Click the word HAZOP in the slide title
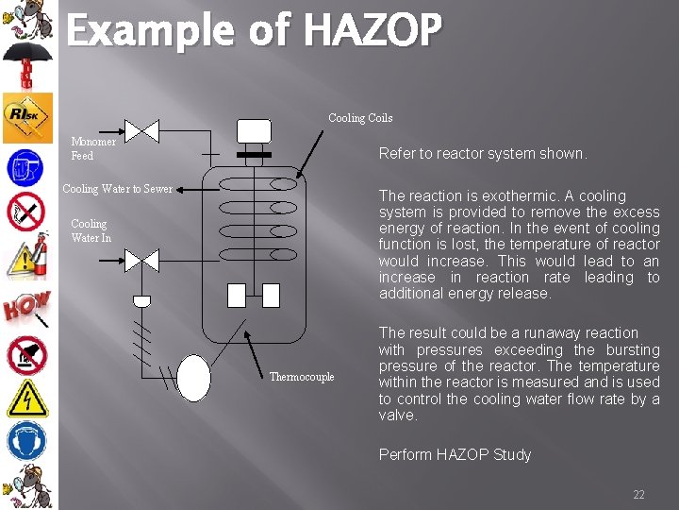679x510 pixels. coord(372,31)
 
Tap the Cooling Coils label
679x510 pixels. coord(360,118)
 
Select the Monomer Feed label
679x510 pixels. coord(93,148)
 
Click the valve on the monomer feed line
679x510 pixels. coord(143,131)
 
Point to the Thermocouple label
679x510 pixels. coord(302,377)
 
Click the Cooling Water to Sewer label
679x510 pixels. coord(117,189)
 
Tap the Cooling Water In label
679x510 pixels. coord(91,230)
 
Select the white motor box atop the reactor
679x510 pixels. coord(254,130)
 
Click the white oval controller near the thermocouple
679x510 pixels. coord(193,377)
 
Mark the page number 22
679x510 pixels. coord(638,495)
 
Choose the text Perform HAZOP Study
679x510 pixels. coord(455,454)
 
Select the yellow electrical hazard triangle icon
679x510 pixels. coord(25,398)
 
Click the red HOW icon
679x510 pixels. coord(25,306)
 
